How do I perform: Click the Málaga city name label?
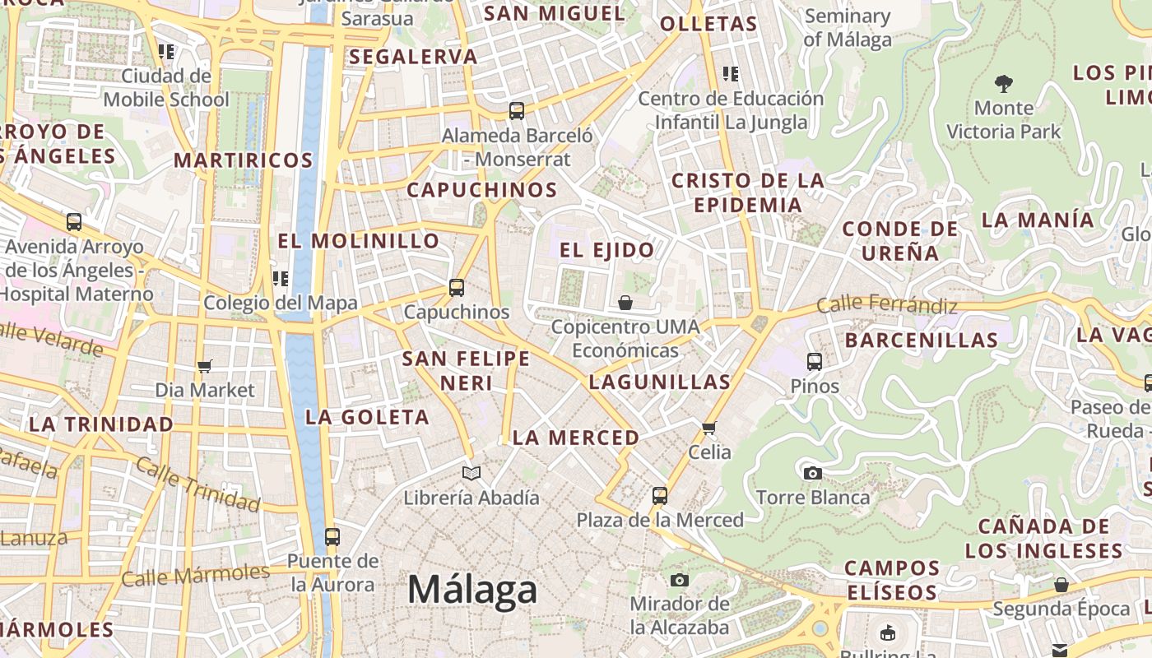point(472,590)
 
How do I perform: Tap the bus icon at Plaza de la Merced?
point(660,496)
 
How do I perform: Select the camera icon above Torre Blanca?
point(812,473)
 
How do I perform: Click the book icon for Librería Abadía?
point(471,473)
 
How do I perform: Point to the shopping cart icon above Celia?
point(709,428)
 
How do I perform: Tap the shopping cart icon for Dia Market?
point(205,366)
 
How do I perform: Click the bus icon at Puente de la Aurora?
point(332,537)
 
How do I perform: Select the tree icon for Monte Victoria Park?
point(1003,83)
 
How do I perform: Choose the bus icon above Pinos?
point(815,361)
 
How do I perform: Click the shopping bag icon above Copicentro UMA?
point(625,303)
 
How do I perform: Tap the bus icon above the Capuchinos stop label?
point(457,288)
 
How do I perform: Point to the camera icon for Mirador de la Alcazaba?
point(679,580)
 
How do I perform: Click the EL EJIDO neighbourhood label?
point(607,250)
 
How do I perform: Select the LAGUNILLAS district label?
point(660,382)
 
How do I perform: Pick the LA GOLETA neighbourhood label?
point(367,417)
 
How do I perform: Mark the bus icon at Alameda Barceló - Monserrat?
point(517,110)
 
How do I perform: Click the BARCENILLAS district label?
point(922,340)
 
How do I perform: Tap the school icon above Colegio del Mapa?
point(281,279)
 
